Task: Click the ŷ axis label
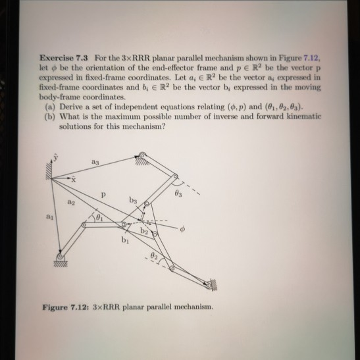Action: coord(55,155)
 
